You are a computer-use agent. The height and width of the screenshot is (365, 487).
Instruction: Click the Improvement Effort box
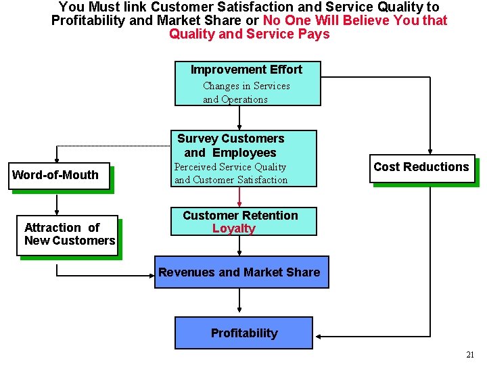click(245, 83)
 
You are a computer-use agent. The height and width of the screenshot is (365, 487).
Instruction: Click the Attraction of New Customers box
click(68, 235)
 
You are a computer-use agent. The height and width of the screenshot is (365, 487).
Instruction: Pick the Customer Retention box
click(243, 221)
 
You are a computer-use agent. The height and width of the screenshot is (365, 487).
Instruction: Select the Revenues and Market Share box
click(241, 272)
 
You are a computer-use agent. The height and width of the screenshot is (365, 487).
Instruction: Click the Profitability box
click(243, 333)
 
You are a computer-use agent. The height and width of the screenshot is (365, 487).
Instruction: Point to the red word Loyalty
click(233, 228)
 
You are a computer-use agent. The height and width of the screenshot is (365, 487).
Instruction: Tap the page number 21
click(470, 355)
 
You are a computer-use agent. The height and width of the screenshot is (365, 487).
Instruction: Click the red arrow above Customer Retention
click(239, 197)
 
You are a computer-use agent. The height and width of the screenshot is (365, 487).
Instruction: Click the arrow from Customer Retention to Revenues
click(239, 245)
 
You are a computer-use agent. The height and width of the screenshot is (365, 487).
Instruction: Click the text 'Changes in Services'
click(246, 86)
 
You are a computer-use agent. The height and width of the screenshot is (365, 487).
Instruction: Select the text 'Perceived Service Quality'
click(230, 167)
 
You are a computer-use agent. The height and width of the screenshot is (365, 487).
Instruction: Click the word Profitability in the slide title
click(88, 20)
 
